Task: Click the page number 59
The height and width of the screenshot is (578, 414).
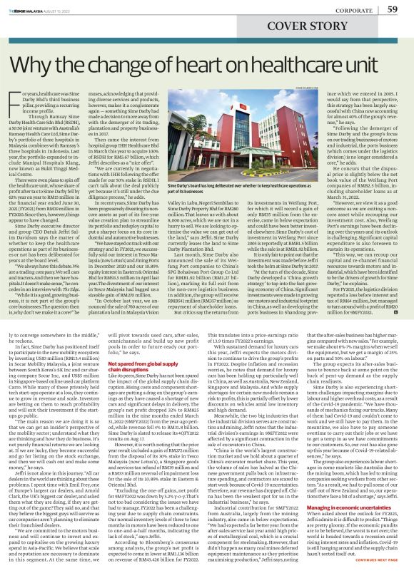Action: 392,9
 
